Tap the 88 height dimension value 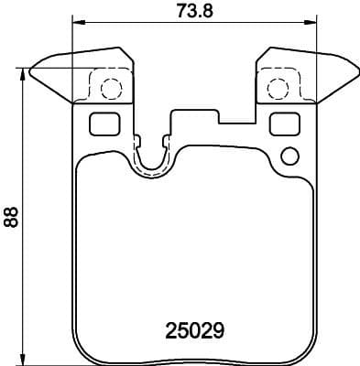click(10, 217)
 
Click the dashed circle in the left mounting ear click(110, 89)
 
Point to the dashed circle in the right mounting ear click(276, 89)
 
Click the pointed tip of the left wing click(31, 69)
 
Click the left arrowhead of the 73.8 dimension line click(75, 23)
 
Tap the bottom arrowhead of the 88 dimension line click(21, 360)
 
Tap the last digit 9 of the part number click(220, 327)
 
